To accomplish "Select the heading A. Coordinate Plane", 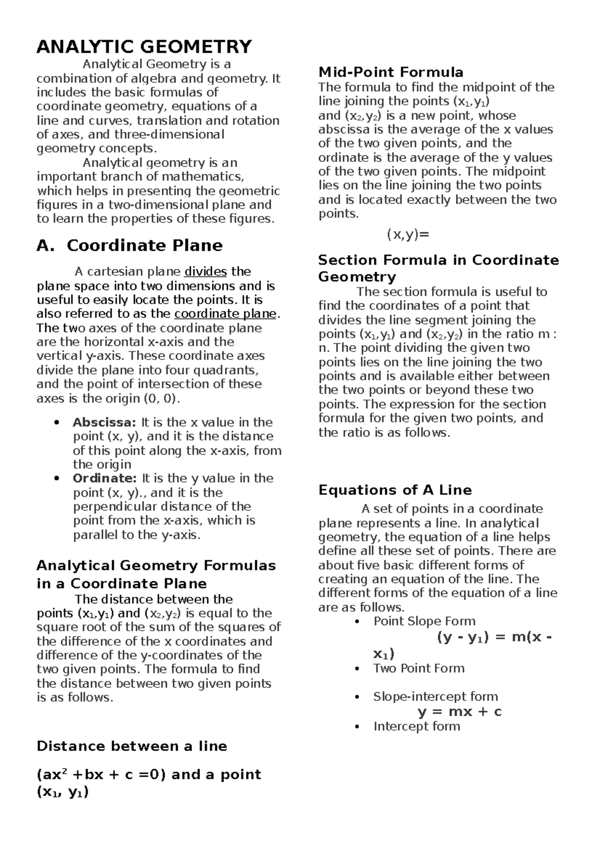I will tap(129, 245).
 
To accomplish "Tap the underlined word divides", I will tap(205, 272).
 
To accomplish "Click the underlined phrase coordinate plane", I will tap(225, 314).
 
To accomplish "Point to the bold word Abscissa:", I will tap(104, 422).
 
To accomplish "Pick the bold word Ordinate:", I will tap(104, 478).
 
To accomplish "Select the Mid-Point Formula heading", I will tap(390, 72).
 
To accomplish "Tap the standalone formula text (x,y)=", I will tap(408, 235).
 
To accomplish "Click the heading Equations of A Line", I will tap(395, 489).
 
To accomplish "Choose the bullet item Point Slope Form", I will tap(424, 621).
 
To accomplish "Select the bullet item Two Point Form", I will tap(418, 668).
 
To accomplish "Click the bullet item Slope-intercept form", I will tap(435, 696).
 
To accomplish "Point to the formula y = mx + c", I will tap(459, 711).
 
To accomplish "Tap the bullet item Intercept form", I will tap(416, 726).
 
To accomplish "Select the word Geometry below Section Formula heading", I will tap(357, 277).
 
